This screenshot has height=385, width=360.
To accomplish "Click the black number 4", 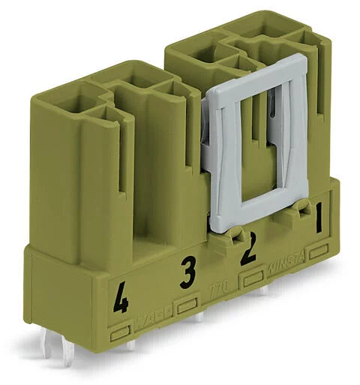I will point(118,302).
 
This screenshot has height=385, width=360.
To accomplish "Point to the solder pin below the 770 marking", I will point(199,316).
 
